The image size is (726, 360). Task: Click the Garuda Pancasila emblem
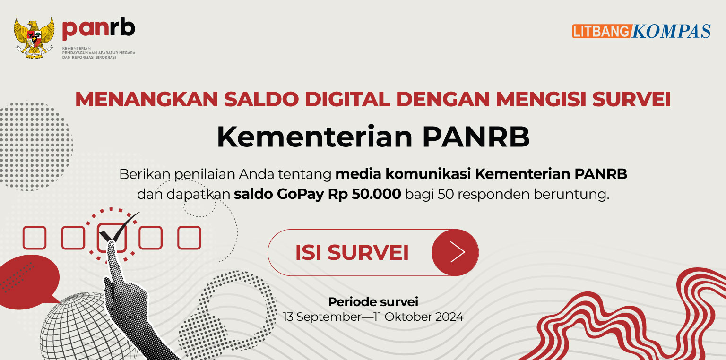(x=34, y=38)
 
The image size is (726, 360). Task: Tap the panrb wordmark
(x=98, y=28)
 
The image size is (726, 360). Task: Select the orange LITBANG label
(x=602, y=31)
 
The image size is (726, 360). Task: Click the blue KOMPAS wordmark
(x=671, y=31)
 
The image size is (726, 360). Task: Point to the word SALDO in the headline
(x=261, y=99)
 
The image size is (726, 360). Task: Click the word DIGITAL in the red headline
(x=347, y=99)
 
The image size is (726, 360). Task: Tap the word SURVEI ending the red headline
(x=631, y=99)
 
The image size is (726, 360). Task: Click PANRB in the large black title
(x=476, y=137)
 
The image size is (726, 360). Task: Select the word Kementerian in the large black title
(x=314, y=137)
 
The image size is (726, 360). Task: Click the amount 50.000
(x=376, y=194)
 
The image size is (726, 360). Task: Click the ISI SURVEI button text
(x=352, y=252)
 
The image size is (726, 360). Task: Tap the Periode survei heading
(x=373, y=302)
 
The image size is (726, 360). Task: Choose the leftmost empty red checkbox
(x=35, y=238)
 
